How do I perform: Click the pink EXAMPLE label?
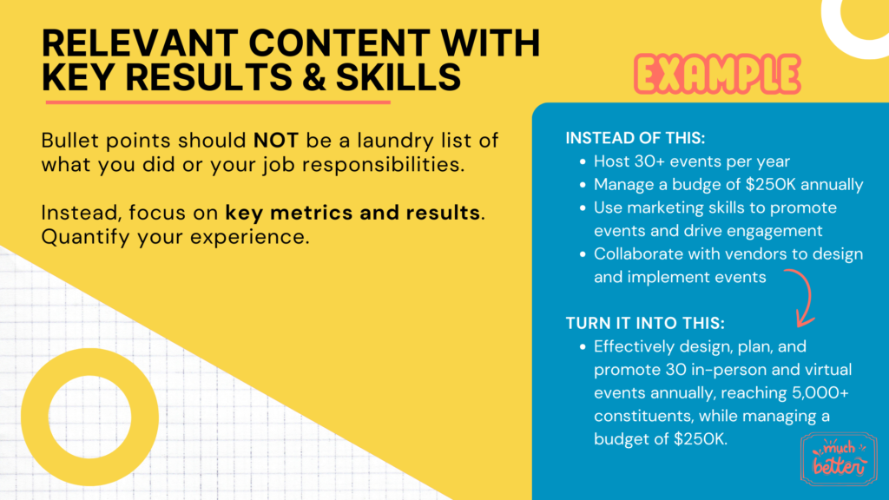(x=717, y=75)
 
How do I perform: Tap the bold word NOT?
(x=275, y=141)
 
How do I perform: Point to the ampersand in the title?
(x=314, y=77)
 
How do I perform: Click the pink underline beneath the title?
(x=218, y=102)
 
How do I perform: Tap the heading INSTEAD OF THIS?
(x=635, y=138)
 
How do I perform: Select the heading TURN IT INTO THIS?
(x=645, y=323)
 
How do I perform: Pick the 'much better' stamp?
(x=839, y=458)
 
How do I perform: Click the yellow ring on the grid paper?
(x=89, y=362)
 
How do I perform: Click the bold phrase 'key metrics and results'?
(x=352, y=213)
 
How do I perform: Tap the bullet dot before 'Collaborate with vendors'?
(x=583, y=254)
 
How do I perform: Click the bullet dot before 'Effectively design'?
(x=583, y=347)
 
